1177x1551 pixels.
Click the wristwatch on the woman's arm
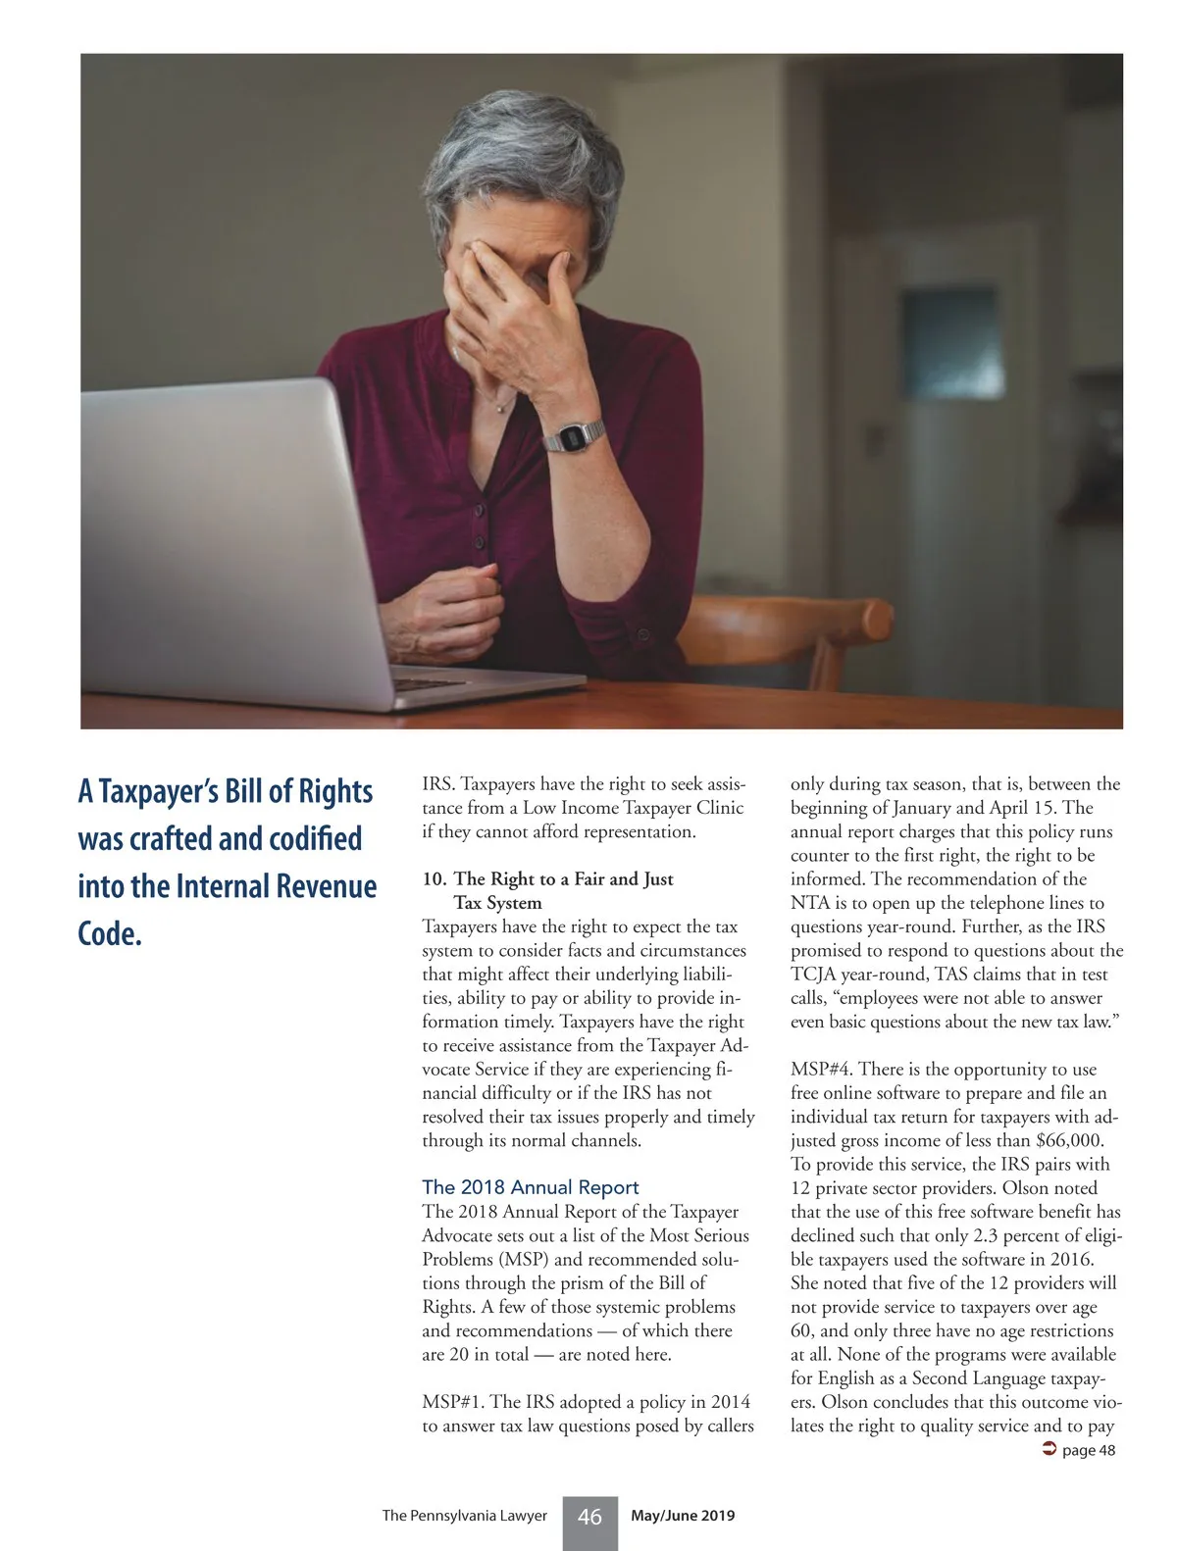[574, 434]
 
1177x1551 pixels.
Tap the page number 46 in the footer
[589, 1517]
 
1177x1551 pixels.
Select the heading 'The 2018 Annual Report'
[530, 1187]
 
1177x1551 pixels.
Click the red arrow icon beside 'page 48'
[1048, 1450]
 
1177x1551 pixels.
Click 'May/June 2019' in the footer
[683, 1516]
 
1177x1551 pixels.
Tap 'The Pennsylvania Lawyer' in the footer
[464, 1516]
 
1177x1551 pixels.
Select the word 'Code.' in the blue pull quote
[110, 933]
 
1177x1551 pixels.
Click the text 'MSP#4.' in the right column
[821, 1070]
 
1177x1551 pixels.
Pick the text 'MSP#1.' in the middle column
[453, 1402]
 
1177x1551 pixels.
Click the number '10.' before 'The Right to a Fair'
[434, 879]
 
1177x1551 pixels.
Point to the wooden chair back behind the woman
[785, 627]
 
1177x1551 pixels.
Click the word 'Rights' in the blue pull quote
[334, 791]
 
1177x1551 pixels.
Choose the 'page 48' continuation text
[1089, 1450]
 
